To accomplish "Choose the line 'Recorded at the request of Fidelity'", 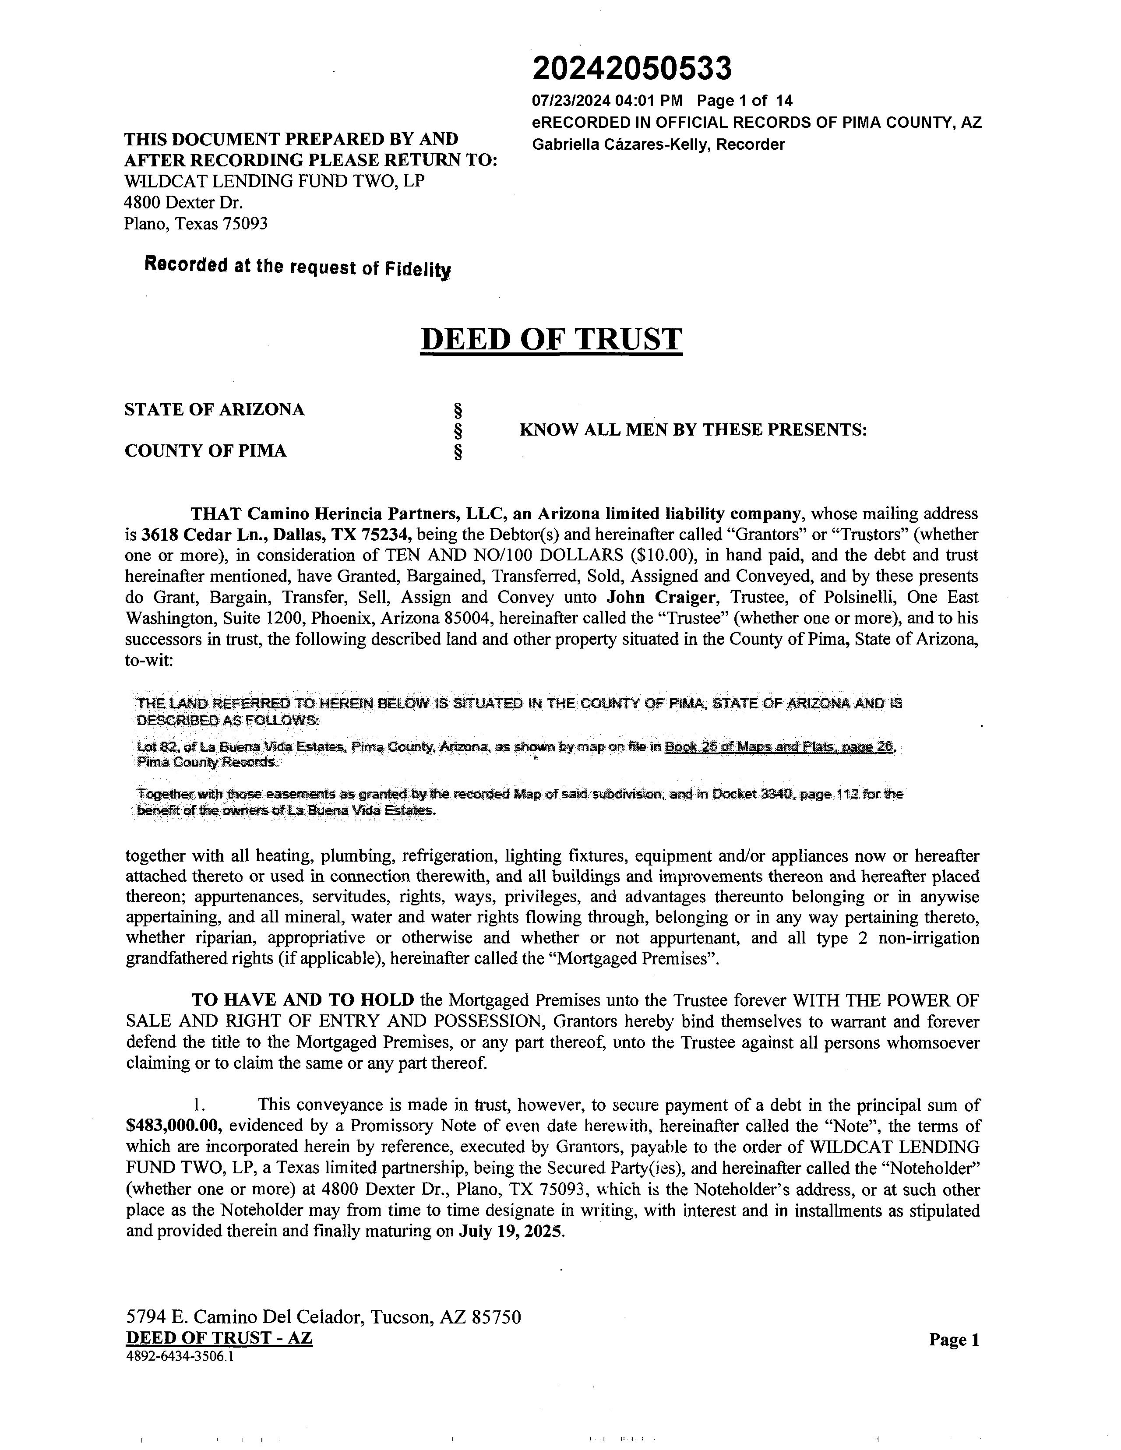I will [297, 267].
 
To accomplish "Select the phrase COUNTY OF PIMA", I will [205, 451].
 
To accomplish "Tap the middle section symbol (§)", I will [457, 431].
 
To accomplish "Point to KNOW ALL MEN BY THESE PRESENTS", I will [693, 430].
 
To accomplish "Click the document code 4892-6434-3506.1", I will [179, 1357].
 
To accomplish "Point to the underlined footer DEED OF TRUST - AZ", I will [219, 1338].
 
